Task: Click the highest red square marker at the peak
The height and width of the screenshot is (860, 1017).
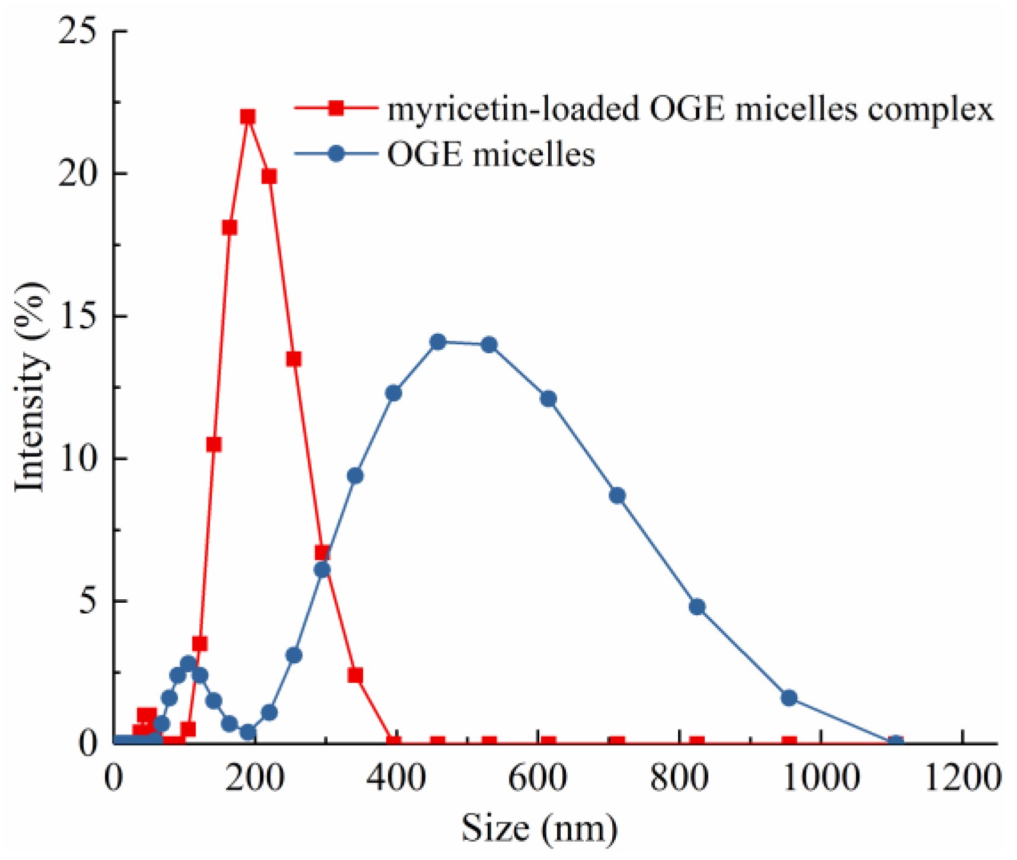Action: click(248, 117)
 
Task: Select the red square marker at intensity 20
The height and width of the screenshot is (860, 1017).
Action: click(269, 176)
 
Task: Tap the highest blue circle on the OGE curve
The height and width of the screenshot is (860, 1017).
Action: click(438, 342)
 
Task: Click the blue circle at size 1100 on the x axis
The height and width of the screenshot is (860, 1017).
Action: click(896, 742)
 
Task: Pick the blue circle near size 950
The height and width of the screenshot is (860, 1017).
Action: click(789, 698)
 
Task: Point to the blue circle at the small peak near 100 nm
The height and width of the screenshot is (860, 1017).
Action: click(188, 663)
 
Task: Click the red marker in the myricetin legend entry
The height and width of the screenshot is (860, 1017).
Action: click(336, 108)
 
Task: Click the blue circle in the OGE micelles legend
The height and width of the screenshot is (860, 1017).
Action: click(336, 154)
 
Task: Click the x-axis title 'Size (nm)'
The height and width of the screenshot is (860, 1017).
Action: click(539, 829)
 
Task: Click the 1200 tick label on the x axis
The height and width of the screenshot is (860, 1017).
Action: click(961, 778)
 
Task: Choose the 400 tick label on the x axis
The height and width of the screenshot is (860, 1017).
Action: click(396, 778)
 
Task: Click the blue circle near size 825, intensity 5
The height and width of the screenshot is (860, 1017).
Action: click(697, 607)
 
